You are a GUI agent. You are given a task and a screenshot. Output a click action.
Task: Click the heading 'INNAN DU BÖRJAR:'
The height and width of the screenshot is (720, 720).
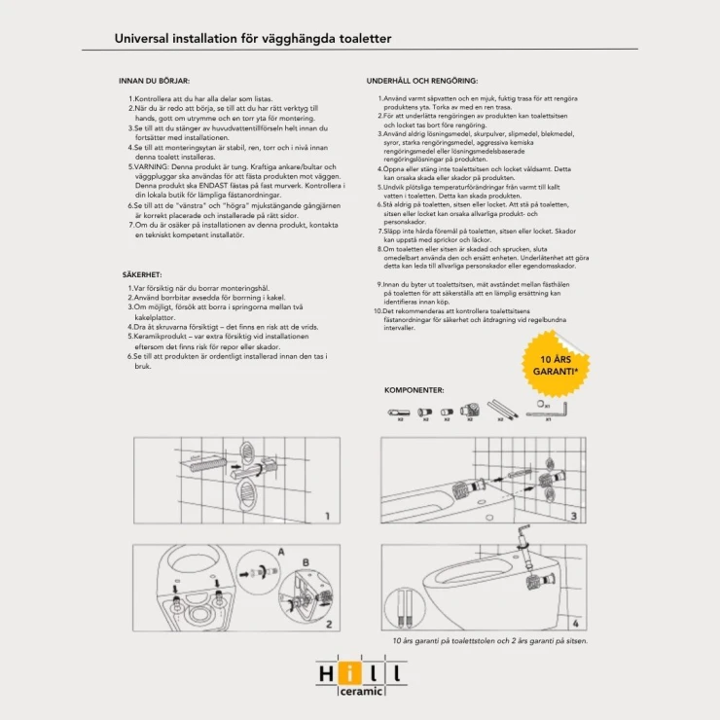click(154, 82)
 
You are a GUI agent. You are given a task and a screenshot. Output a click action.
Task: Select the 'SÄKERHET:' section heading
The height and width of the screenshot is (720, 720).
click(142, 275)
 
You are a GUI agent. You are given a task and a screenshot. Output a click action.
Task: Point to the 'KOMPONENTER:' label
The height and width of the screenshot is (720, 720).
click(414, 389)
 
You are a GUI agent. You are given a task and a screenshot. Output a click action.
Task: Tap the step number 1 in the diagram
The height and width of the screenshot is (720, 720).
click(328, 517)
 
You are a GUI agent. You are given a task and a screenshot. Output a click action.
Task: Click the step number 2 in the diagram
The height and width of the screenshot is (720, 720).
click(328, 624)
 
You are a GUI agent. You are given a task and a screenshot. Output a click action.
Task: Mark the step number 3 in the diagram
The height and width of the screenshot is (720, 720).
click(574, 517)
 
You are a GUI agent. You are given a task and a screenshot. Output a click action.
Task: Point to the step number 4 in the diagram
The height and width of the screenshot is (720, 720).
click(575, 624)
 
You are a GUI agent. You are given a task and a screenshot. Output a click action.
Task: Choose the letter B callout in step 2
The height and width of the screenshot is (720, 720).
click(304, 561)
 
